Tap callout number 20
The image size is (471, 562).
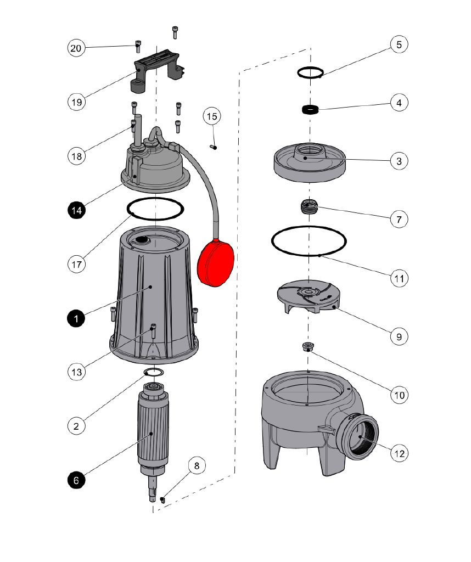tap(76, 48)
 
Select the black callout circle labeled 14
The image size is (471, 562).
tap(76, 210)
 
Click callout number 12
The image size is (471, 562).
tap(399, 453)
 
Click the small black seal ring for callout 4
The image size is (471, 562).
tap(311, 109)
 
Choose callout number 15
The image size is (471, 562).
tap(212, 116)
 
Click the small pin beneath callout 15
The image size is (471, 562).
tap(214, 147)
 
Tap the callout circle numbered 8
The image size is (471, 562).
tap(198, 466)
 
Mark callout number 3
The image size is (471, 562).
tap(399, 161)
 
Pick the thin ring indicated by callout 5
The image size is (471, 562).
tap(311, 72)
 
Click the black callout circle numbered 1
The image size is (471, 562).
tap(76, 318)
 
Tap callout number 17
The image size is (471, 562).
tap(76, 263)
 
